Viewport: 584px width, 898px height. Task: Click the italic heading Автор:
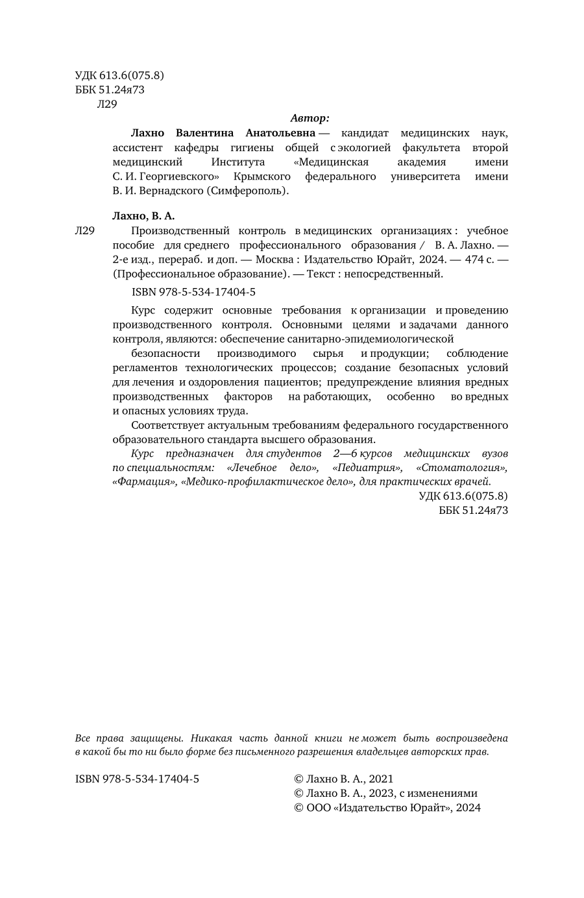(310, 118)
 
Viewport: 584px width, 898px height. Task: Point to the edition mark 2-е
(122, 260)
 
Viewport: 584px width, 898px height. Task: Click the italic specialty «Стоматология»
(462, 467)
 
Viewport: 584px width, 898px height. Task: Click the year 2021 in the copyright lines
(381, 779)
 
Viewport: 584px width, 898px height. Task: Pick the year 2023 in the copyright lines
(381, 794)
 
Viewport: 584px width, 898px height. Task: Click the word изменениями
(448, 794)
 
